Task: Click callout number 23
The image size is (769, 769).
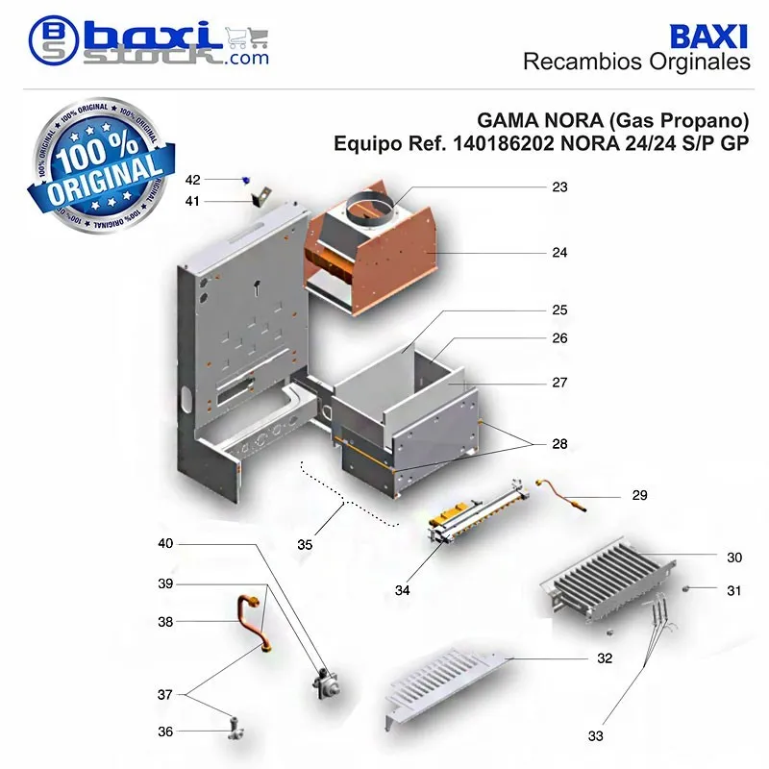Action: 559,186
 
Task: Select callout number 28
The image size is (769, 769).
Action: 559,444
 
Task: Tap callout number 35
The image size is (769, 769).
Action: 305,545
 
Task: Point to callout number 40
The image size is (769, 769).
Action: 165,543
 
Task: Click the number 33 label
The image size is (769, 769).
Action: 595,735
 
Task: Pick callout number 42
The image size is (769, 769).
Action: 193,180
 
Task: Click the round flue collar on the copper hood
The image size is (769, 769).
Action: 370,210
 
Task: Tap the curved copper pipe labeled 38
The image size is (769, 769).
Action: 254,623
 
